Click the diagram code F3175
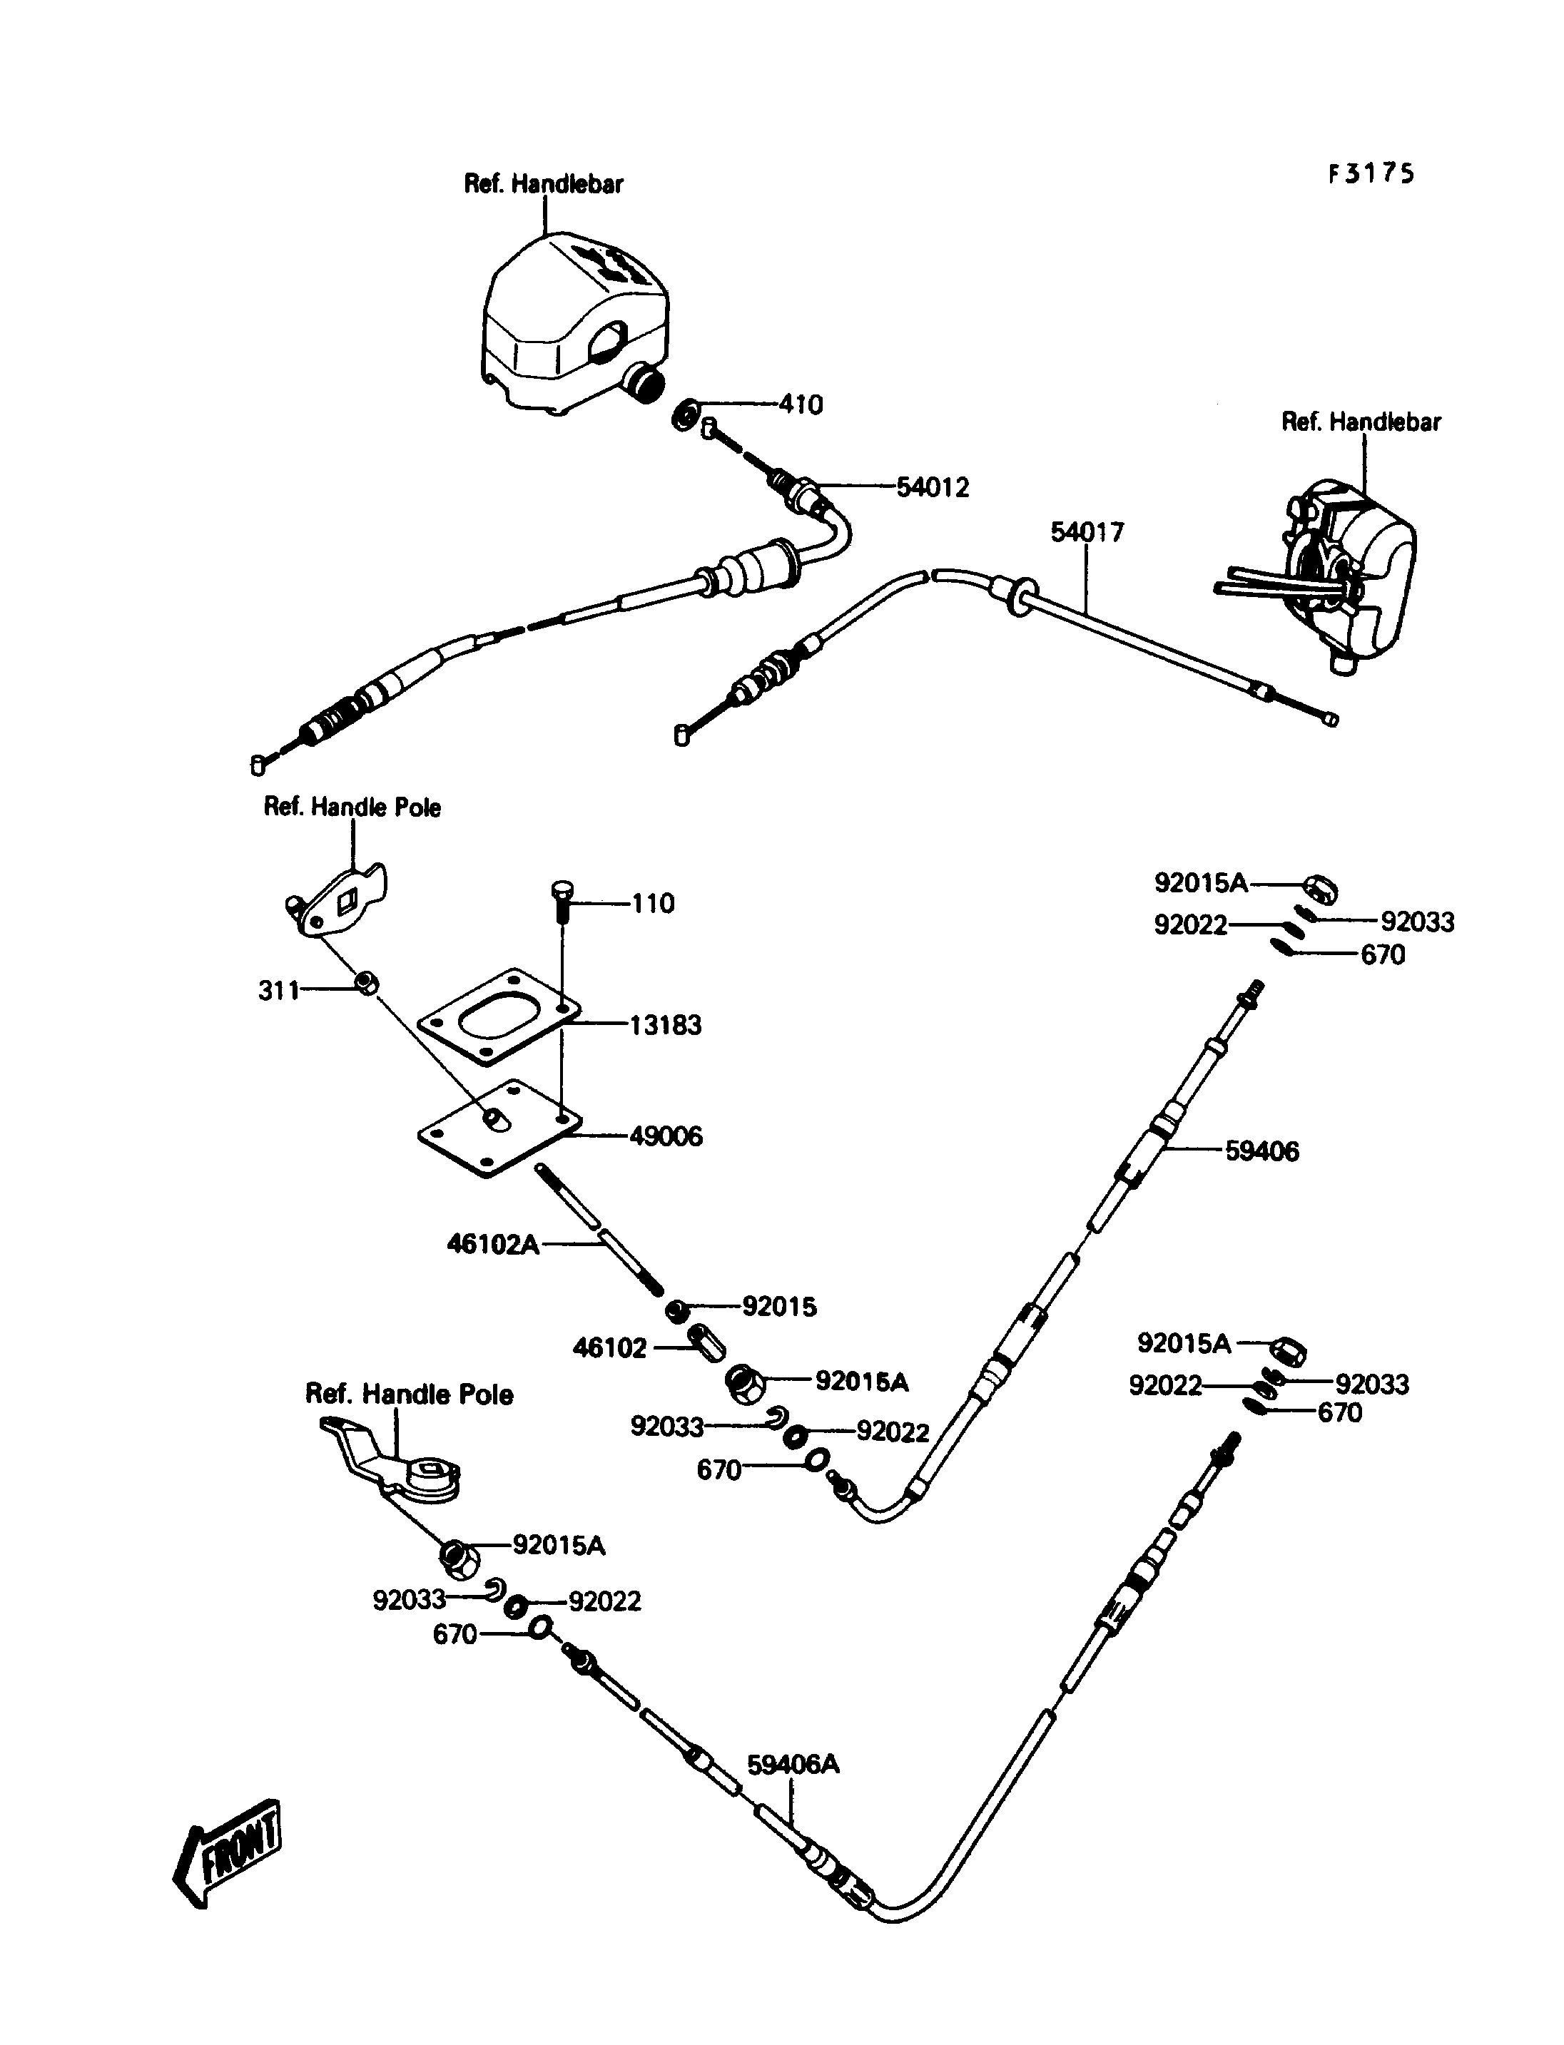click(1371, 174)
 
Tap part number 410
click(801, 405)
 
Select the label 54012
click(933, 486)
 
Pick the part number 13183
click(666, 1025)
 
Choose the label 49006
click(666, 1136)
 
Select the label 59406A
click(793, 1764)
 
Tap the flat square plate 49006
click(499, 1128)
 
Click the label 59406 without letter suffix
click(1261, 1151)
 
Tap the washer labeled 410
click(684, 414)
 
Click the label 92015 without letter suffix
click(779, 1307)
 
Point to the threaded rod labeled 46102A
click(598, 1229)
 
